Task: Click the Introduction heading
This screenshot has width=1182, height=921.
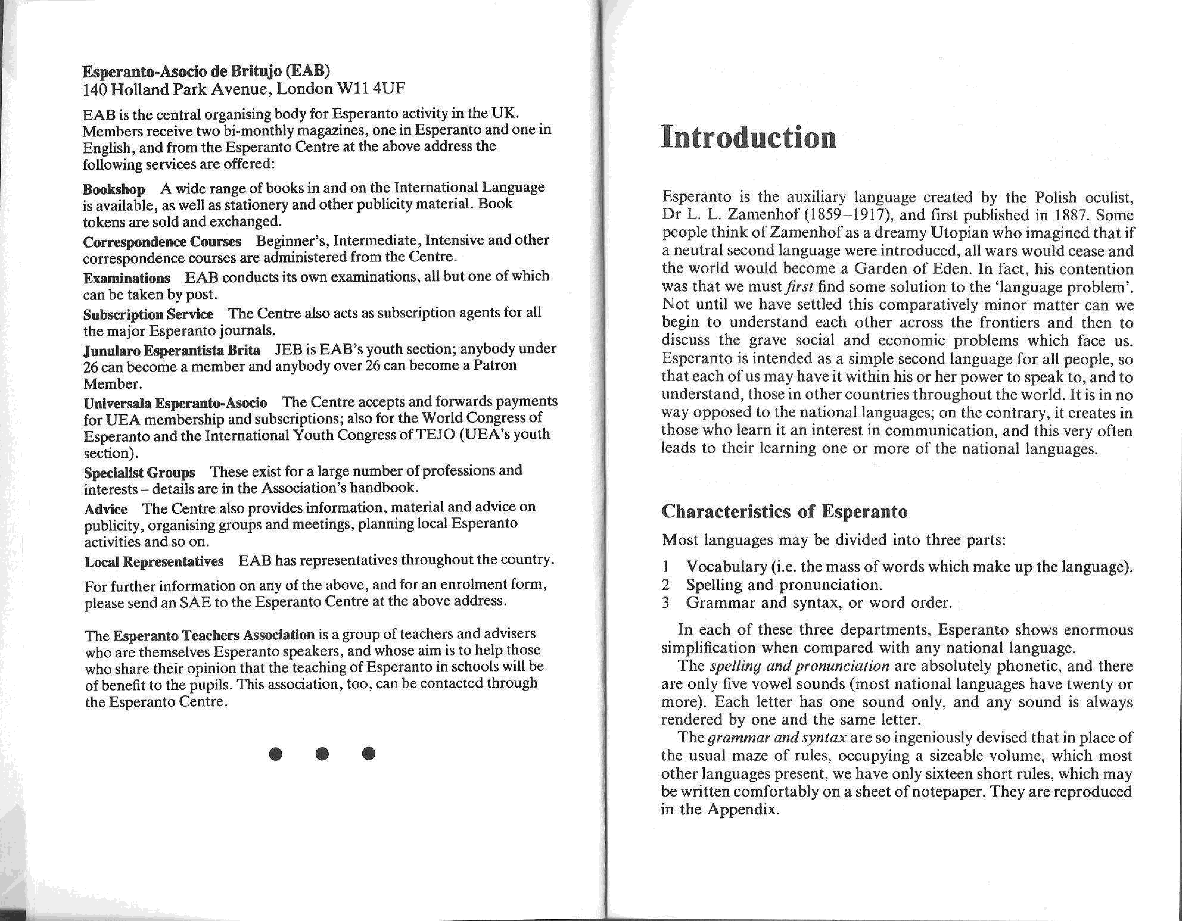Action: pyautogui.click(x=748, y=138)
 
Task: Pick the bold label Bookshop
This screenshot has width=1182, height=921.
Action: pyautogui.click(x=114, y=189)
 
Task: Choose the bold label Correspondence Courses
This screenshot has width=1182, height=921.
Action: pyautogui.click(x=162, y=241)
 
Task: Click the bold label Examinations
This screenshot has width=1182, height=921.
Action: pyautogui.click(x=127, y=278)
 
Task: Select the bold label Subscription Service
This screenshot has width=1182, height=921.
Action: pyautogui.click(x=148, y=314)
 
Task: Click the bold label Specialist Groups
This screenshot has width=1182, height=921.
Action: pyautogui.click(x=139, y=473)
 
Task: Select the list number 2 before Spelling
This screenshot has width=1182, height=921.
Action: pyautogui.click(x=666, y=585)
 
